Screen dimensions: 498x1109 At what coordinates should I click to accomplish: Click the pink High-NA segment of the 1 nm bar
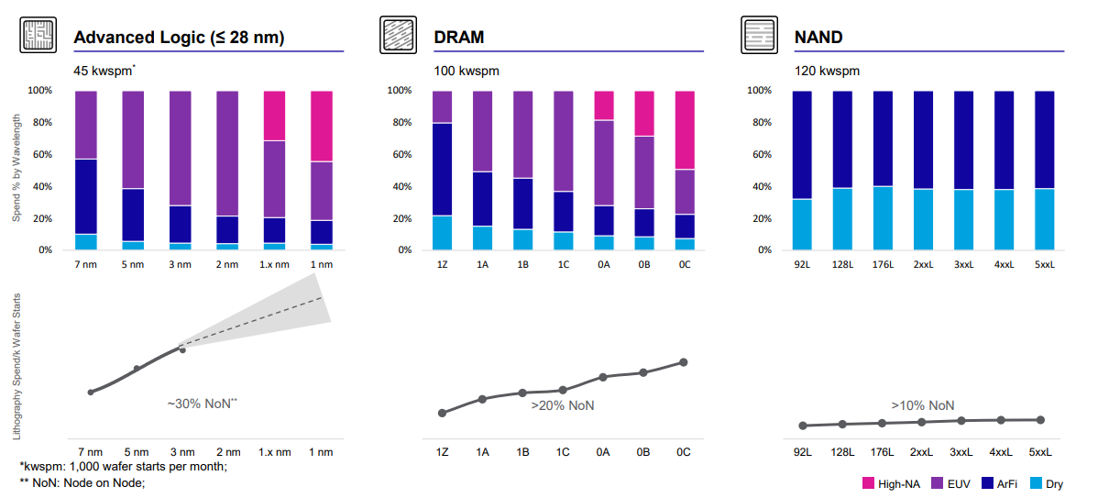coord(321,126)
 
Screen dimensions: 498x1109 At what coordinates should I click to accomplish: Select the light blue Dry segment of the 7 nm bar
coord(86,242)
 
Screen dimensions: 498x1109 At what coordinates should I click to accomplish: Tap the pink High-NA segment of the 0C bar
coord(684,129)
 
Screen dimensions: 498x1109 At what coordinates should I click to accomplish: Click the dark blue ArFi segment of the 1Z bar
coord(442,170)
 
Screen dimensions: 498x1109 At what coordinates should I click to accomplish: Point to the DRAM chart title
coord(459,38)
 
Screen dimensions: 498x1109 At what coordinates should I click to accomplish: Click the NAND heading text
coord(819,38)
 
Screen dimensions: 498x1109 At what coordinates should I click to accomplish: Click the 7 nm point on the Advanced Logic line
coord(91,392)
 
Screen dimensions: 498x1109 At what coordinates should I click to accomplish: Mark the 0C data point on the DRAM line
coord(684,362)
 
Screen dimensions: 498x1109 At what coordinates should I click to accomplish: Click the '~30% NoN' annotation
coord(203,403)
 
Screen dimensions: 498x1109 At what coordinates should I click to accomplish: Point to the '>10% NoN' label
coord(922,405)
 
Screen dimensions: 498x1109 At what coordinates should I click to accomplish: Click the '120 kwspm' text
coord(828,71)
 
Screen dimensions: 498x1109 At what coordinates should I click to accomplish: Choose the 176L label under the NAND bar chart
coord(882,265)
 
